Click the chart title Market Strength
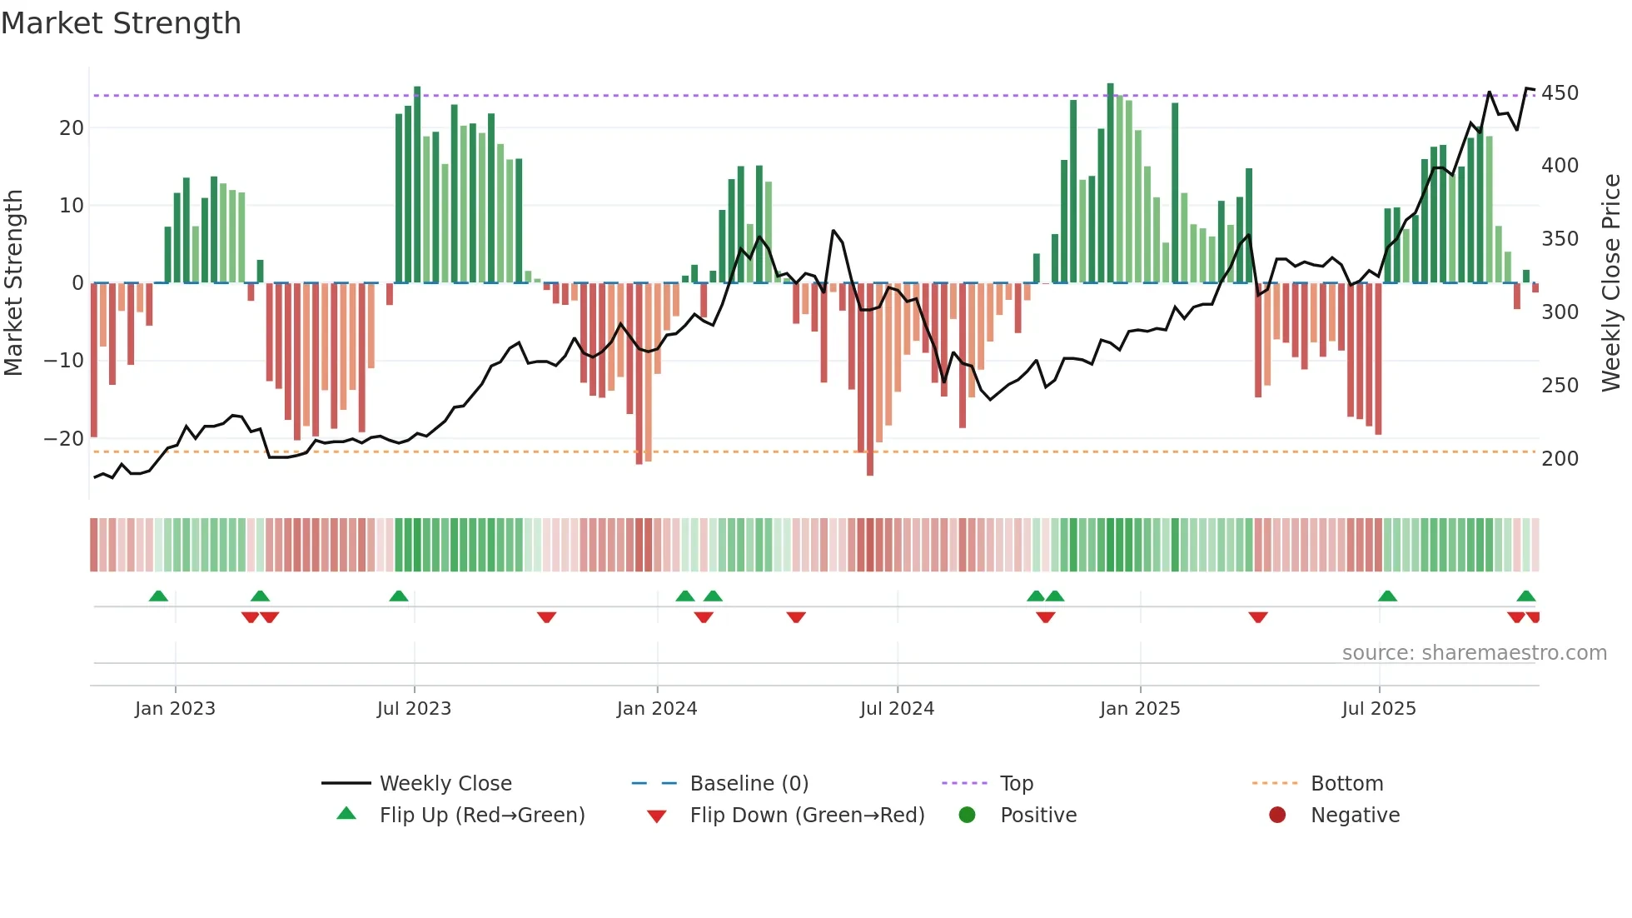121,23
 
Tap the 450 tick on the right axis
1560,92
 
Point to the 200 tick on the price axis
1560,458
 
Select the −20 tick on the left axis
64,438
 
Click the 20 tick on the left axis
72,127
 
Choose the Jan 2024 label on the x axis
657,709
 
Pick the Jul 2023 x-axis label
414,709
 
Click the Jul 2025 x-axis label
1379,709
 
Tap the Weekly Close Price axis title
1611,282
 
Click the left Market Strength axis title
13,282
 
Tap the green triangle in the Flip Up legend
346,814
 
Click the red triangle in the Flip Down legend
656,816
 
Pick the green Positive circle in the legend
967,815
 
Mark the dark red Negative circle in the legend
1277,815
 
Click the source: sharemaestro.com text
1474,653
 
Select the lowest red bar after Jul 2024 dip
870,379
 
